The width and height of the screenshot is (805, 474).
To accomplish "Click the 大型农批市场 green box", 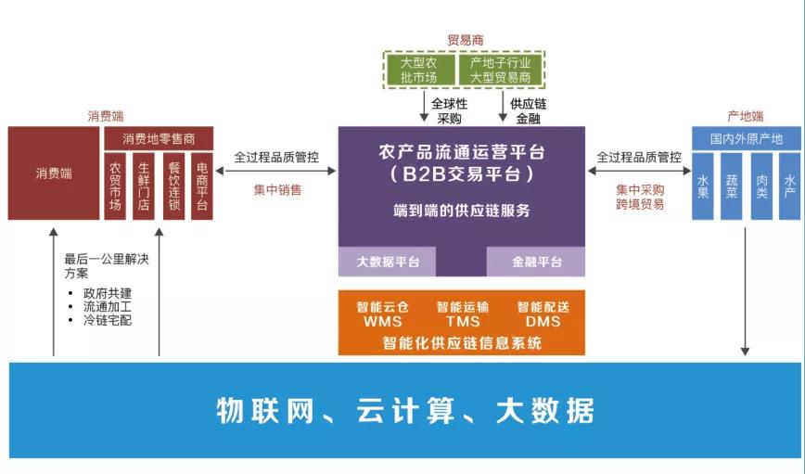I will click(x=418, y=70).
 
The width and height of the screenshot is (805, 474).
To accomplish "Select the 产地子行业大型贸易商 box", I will click(x=500, y=70).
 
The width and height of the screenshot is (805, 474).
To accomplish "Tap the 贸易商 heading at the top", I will click(x=465, y=40).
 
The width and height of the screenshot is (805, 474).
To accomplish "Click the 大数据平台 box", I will click(x=388, y=262).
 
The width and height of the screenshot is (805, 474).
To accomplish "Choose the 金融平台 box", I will click(x=537, y=262).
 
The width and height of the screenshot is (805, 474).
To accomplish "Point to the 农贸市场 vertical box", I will click(x=115, y=186).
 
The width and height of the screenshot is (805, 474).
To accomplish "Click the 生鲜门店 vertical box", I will click(x=144, y=186).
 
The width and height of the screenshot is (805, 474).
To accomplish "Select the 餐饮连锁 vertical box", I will click(x=173, y=186).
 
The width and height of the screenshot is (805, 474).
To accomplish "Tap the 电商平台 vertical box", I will click(x=202, y=186).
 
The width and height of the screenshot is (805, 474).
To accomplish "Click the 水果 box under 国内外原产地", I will click(x=703, y=186).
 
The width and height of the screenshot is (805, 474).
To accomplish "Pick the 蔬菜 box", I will click(x=732, y=186).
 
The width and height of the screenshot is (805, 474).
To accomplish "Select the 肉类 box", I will click(x=760, y=186).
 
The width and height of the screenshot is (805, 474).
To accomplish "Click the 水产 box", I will click(x=788, y=186).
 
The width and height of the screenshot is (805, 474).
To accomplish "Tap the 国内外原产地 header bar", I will click(x=746, y=138).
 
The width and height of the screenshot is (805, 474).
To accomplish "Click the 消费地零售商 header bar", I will click(x=159, y=138).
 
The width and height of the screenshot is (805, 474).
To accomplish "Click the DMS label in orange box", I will click(x=543, y=322).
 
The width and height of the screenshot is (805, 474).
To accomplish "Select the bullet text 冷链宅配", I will click(x=108, y=320).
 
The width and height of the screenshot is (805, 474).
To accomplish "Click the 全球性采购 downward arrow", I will click(x=424, y=108).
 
